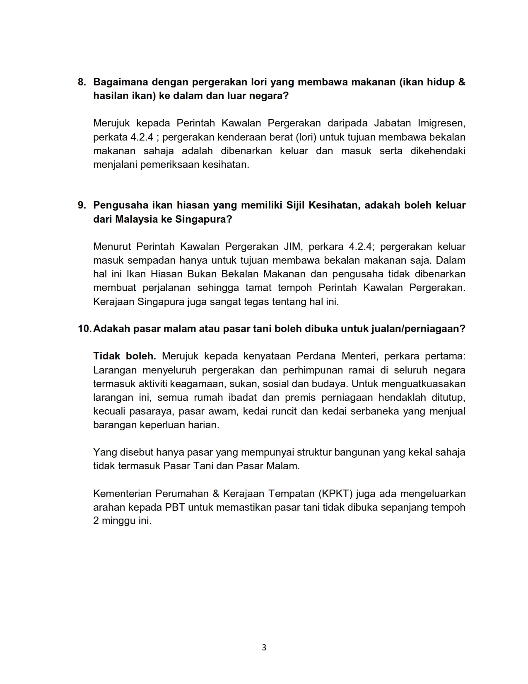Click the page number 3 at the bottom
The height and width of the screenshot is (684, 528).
[x=264, y=648]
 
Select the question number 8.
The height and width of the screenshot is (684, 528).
[x=81, y=82]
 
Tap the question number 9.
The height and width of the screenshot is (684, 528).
[x=81, y=205]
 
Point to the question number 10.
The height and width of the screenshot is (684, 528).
[x=84, y=329]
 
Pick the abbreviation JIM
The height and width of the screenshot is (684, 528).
[x=292, y=247]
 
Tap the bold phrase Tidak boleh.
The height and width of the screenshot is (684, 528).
[x=125, y=356]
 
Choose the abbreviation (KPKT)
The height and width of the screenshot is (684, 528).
[x=335, y=494]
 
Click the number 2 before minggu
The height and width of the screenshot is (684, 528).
[x=96, y=521]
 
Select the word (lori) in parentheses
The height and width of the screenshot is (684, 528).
[x=306, y=137]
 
